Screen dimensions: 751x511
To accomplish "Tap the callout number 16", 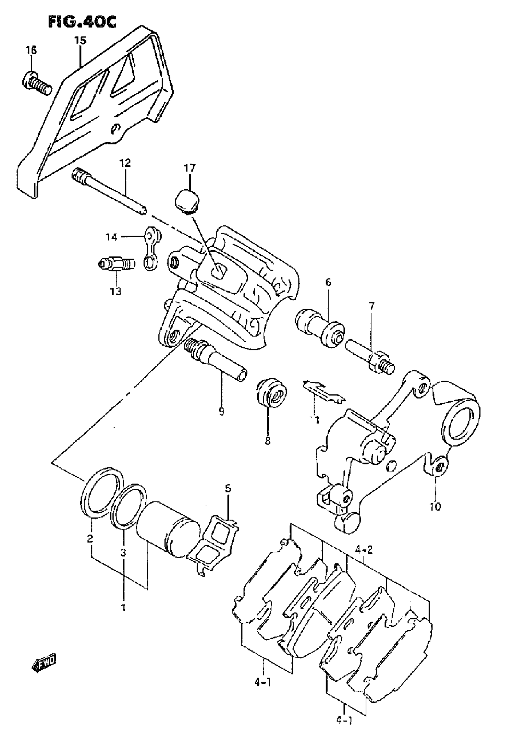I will click(31, 50).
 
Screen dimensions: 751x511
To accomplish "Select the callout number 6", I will click(328, 282).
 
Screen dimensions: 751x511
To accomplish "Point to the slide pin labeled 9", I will click(215, 359).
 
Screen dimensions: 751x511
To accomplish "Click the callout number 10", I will click(435, 506).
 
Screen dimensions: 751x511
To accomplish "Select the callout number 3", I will click(123, 553).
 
